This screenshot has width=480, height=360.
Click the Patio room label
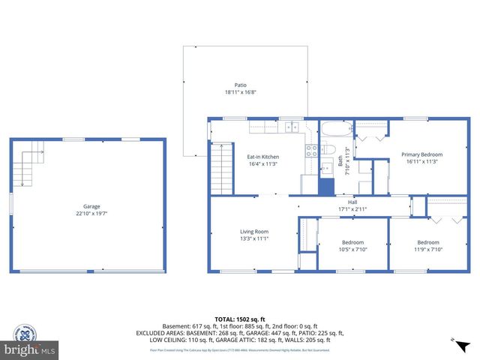coord(240,85)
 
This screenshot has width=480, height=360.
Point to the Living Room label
coord(253,232)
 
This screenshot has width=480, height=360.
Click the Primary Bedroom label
coord(421,154)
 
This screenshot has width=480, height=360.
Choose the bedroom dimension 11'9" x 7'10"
coord(427,249)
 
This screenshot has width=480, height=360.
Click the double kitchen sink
coord(290,127)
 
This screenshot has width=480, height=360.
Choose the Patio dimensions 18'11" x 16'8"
coord(240,92)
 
